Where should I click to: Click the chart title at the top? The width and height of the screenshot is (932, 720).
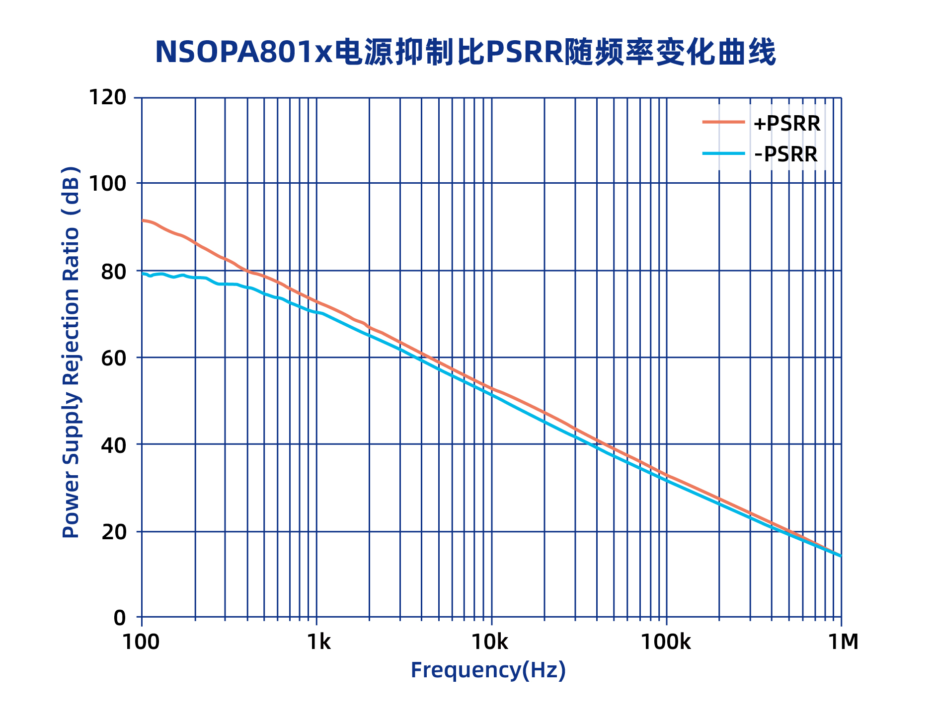465,52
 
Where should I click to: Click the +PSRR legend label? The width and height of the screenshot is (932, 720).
786,124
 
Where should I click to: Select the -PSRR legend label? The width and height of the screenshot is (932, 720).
785,154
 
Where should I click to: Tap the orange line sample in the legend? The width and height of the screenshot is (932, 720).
723,122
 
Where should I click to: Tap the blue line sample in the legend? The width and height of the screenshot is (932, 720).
723,153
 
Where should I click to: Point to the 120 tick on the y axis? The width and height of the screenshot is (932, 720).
107,97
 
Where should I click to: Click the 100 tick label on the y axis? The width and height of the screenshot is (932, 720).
107,184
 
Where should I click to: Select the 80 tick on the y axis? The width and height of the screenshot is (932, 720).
113,271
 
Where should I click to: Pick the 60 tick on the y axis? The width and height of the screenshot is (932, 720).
113,358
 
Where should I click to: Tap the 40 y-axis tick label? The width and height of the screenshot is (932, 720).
113,445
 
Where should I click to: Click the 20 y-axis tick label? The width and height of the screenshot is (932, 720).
113,532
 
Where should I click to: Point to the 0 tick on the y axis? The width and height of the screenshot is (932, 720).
120,618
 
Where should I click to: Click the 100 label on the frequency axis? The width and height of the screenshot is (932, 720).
141,642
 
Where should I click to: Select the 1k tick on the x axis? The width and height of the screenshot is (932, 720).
318,642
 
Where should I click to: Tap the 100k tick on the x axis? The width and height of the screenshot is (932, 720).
666,642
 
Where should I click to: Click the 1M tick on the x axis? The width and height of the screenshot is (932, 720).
843,642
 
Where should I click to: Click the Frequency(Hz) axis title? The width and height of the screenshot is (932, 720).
488,670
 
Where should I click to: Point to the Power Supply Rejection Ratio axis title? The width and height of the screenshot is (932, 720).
71,353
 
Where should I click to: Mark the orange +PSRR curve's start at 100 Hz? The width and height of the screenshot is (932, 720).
143,220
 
